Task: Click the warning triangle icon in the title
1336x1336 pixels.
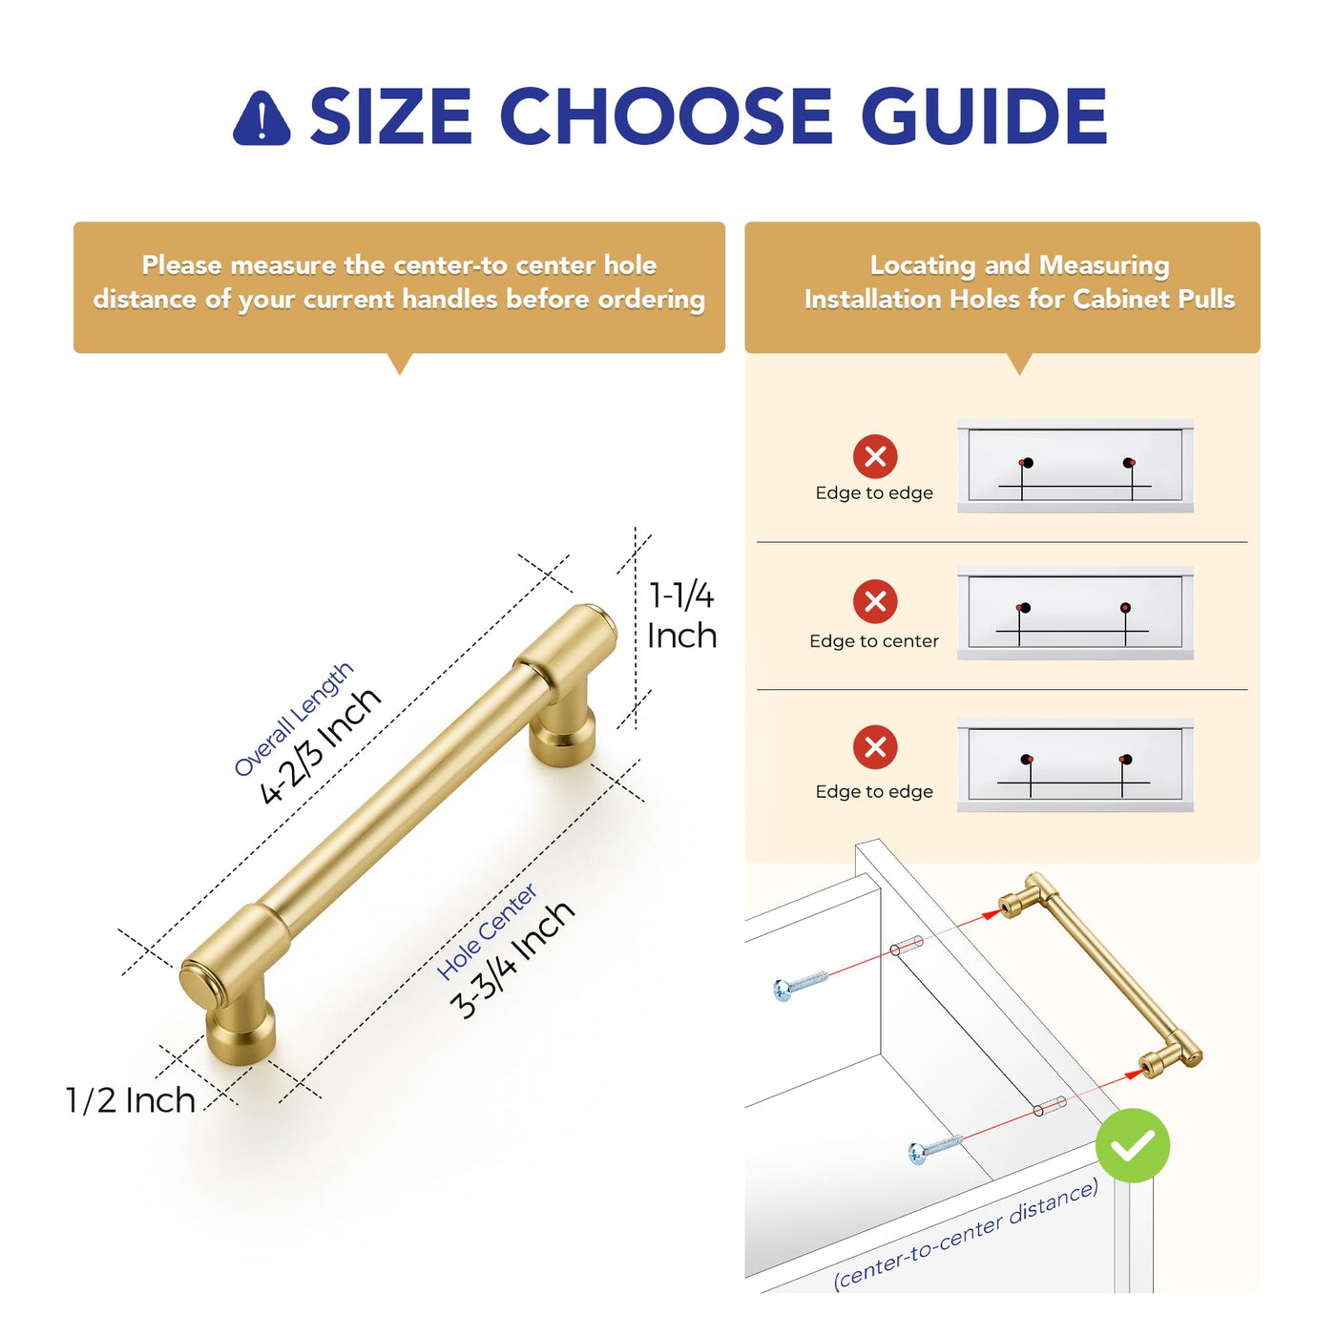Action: pyautogui.click(x=261, y=119)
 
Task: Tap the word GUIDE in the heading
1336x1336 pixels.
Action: pyautogui.click(x=985, y=115)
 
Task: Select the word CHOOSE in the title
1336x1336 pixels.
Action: pyautogui.click(x=665, y=115)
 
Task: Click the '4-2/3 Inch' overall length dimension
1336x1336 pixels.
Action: pyautogui.click(x=321, y=746)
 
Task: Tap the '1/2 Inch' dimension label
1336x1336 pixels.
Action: pyautogui.click(x=131, y=1101)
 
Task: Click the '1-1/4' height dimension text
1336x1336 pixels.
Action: pyautogui.click(x=680, y=596)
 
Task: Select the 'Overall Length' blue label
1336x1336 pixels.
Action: pyautogui.click(x=294, y=719)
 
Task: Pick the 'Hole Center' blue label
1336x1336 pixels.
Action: pyautogui.click(x=487, y=931)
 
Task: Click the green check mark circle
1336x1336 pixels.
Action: pyautogui.click(x=1133, y=1145)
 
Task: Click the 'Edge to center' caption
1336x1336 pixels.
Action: pyautogui.click(x=873, y=641)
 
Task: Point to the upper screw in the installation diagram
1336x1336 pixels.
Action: pyautogui.click(x=800, y=985)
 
